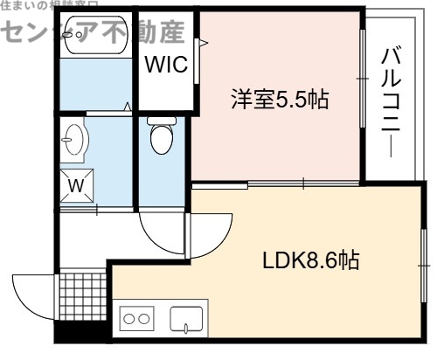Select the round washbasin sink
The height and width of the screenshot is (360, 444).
[x=75, y=138]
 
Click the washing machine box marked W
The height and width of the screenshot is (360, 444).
[x=77, y=185]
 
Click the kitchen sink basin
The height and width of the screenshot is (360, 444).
[x=186, y=320]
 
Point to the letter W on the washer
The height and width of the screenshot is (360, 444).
[x=77, y=185]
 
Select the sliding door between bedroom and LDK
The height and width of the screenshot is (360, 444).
[x=275, y=184]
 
